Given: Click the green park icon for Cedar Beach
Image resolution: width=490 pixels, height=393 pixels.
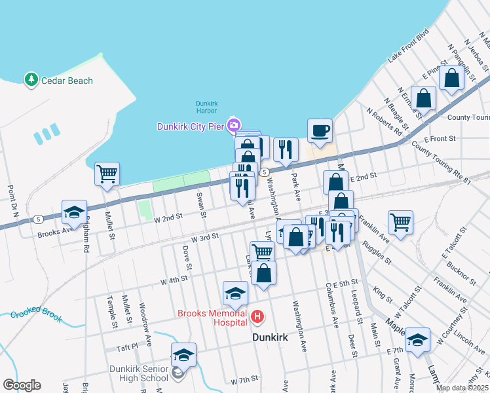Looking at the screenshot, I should point(31,80).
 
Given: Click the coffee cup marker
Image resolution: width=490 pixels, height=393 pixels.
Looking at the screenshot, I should point(320,130).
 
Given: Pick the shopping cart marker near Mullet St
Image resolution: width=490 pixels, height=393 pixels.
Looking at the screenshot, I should point(107,174).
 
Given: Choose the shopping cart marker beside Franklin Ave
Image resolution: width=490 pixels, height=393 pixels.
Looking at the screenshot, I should point(400,221).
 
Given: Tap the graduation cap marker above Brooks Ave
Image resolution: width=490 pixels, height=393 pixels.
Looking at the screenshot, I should point(74,212).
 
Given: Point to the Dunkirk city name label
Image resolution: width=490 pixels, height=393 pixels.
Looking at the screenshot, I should point(271,337).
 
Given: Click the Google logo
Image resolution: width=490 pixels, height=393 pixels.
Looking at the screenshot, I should point(22,385).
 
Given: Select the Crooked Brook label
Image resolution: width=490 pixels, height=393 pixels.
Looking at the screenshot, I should point(36,314).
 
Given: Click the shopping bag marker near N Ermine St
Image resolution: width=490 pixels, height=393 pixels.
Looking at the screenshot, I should point(424,98).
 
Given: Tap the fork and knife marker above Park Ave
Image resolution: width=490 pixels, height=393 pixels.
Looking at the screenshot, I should point(286,149).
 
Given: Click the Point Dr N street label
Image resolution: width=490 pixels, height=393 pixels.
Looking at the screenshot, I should point(11,202).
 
